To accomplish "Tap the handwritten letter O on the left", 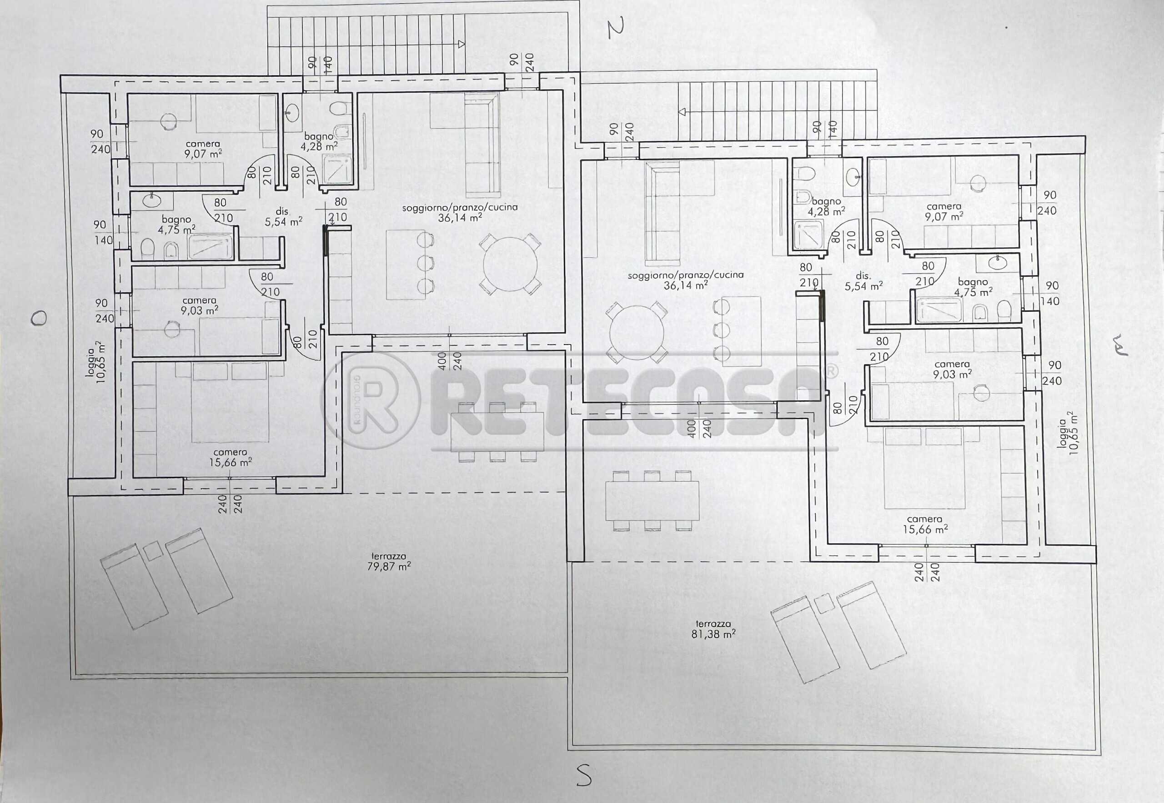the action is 39,318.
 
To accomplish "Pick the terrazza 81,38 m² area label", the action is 713,629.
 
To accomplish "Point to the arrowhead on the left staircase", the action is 461,44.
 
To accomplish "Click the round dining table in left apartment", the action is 510,264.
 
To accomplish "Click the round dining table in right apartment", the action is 637,333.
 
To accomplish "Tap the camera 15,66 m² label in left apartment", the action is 231,457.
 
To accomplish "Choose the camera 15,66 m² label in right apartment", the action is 925,524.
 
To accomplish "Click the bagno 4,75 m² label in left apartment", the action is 176,224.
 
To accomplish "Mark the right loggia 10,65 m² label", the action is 1067,433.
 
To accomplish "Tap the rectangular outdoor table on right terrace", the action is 652,501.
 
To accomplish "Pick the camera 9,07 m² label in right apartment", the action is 944,211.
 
